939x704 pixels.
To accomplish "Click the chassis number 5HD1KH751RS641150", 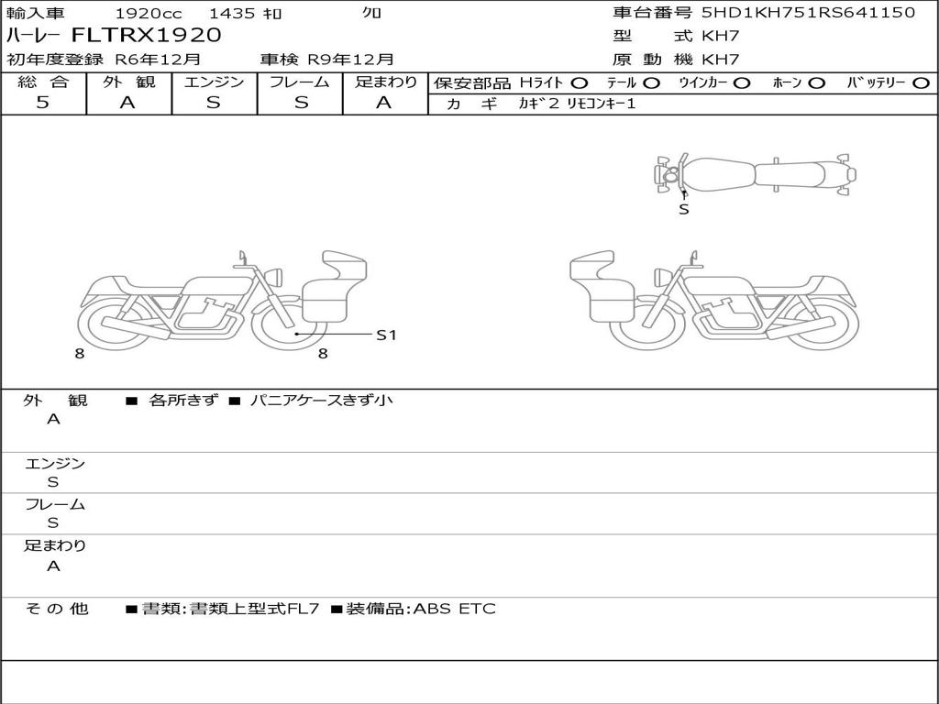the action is tap(809, 13).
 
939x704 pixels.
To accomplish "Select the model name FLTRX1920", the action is tap(147, 36).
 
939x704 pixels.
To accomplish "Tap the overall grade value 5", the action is tap(42, 103).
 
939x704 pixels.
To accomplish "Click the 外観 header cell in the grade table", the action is tap(128, 82).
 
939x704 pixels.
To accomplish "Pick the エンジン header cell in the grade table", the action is tap(214, 82).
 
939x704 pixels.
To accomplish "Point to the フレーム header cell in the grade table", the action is tap(300, 82).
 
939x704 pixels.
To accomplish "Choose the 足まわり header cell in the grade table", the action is tap(385, 82).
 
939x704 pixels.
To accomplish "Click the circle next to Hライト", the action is tap(580, 83).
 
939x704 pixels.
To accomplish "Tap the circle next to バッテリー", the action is tap(922, 83).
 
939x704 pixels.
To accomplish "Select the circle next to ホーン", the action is tap(816, 83).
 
